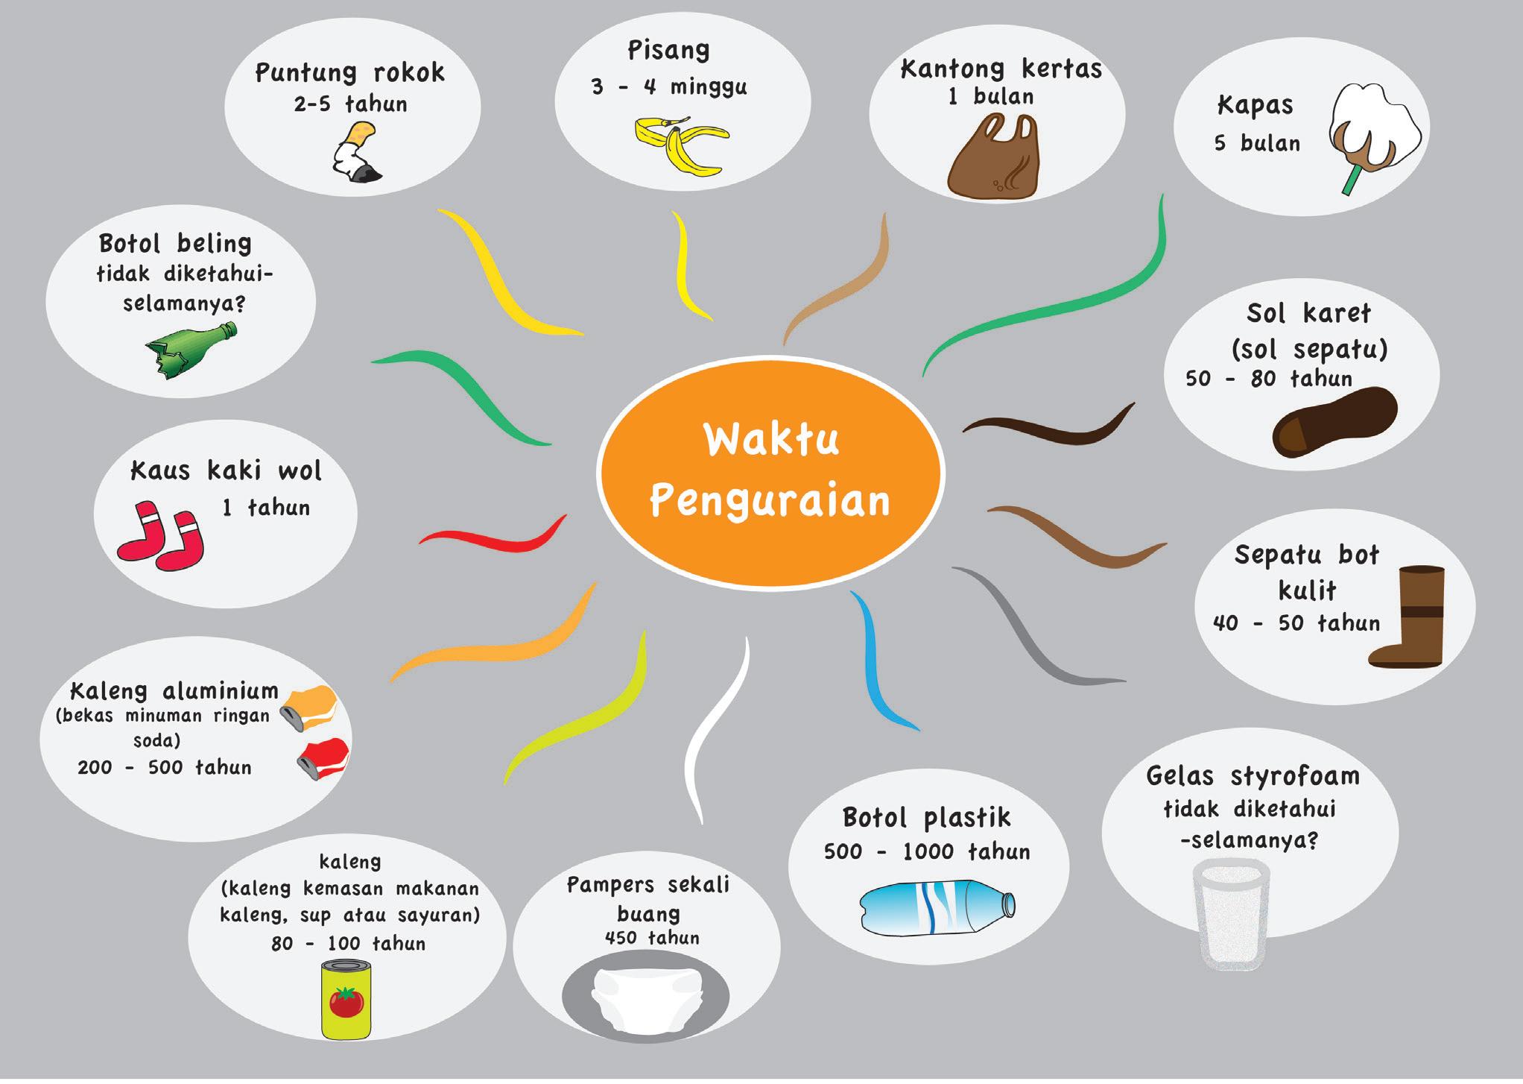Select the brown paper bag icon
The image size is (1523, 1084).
pyautogui.click(x=993, y=158)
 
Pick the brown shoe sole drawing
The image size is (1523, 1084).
pyautogui.click(x=1334, y=421)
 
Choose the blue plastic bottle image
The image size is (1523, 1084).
pyautogui.click(x=937, y=906)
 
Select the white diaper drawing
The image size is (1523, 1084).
pyautogui.click(x=645, y=998)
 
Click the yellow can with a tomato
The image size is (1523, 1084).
pyautogui.click(x=346, y=998)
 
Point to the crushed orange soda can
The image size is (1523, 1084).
pyautogui.click(x=311, y=707)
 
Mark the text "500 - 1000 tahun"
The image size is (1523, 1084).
pyautogui.click(x=927, y=851)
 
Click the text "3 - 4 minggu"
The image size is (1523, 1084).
pyautogui.click(x=668, y=87)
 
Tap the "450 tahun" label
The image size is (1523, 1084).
pyautogui.click(x=652, y=938)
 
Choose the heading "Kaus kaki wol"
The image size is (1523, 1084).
pyautogui.click(x=226, y=471)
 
